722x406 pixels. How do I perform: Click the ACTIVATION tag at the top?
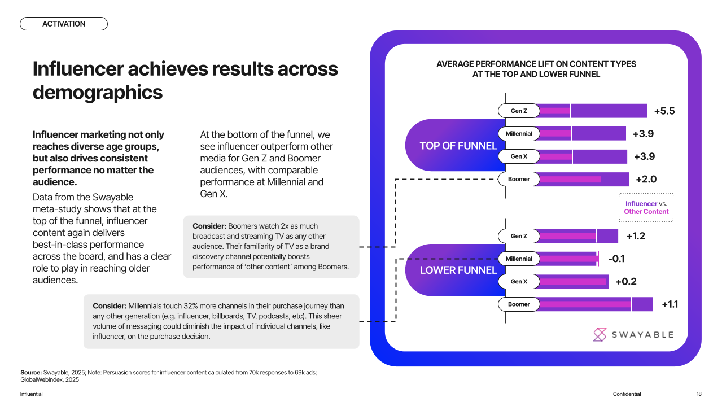click(x=64, y=24)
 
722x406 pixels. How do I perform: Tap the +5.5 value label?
click(x=664, y=111)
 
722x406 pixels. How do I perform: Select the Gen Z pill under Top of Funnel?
click(x=519, y=111)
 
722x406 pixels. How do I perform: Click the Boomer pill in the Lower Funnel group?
click(x=519, y=304)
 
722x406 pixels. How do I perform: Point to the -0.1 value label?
click(x=616, y=259)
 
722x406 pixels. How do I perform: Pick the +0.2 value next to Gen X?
click(x=625, y=282)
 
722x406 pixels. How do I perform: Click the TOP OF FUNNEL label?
click(x=458, y=146)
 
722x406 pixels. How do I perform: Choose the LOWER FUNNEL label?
click(x=458, y=270)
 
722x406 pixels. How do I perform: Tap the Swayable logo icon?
click(x=600, y=334)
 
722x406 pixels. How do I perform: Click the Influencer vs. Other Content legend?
click(x=646, y=208)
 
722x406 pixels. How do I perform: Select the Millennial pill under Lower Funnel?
click(x=519, y=259)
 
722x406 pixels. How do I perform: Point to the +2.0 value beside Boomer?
click(x=646, y=180)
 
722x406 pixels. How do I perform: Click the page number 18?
click(x=699, y=394)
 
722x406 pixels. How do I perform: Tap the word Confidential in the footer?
click(x=627, y=394)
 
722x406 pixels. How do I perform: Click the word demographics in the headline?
click(x=98, y=91)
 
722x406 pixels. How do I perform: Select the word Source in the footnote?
click(x=31, y=372)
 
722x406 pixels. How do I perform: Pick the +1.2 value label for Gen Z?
click(x=635, y=236)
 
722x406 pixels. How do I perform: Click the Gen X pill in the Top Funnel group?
click(x=519, y=156)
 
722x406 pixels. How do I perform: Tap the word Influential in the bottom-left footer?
click(x=32, y=394)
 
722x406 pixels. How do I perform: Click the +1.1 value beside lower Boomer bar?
click(x=670, y=304)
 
